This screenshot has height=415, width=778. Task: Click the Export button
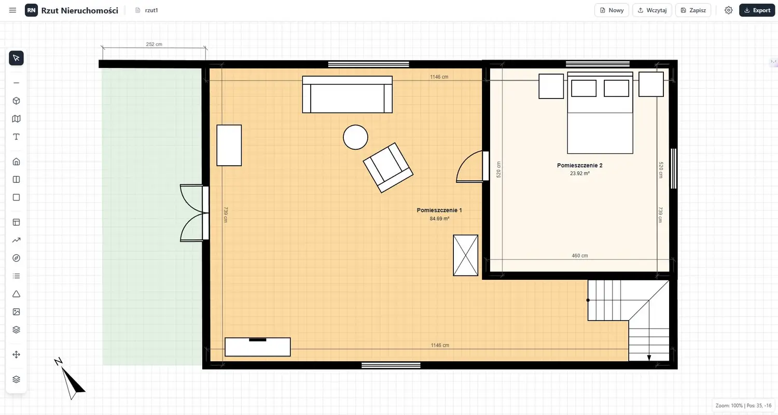coord(757,10)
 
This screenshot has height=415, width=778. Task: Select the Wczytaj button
coord(652,10)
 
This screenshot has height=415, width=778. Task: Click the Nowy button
coord(612,10)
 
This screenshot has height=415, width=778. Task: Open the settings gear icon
coord(728,10)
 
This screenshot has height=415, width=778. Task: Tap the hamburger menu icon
coord(12,10)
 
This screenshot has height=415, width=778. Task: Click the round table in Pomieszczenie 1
coord(355,137)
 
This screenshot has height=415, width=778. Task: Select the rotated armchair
coord(388,167)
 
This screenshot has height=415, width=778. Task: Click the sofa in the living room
coord(348,94)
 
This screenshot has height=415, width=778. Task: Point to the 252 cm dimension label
coord(154,45)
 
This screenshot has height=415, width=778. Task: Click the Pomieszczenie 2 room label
coord(580,165)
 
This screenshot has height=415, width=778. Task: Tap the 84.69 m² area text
coord(439,219)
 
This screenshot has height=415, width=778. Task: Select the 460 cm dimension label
coord(580,256)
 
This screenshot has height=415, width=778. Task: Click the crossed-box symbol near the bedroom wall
coord(465,255)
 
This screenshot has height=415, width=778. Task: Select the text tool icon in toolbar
coord(16,137)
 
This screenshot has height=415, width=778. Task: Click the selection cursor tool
coord(16,58)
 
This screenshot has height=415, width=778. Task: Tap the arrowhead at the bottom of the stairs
coord(649,357)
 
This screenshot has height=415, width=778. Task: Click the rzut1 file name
coord(151,10)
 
